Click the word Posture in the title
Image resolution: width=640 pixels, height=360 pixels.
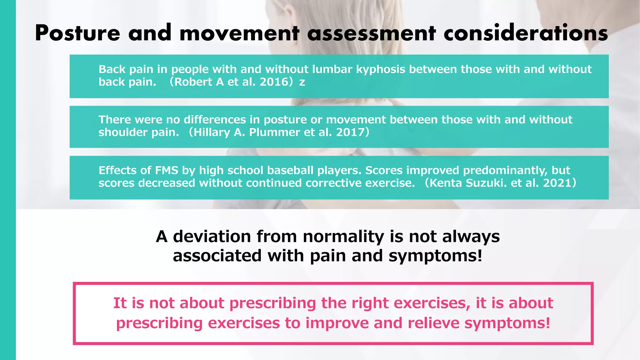[77, 33]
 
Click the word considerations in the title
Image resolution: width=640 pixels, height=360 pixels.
[526, 33]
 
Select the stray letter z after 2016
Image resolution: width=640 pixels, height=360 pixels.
[302, 82]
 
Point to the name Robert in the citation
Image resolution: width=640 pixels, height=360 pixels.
[193, 82]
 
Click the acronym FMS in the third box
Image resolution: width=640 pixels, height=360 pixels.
[166, 171]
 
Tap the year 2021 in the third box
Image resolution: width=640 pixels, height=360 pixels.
[557, 183]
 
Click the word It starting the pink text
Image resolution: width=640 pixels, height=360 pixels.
[120, 303]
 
